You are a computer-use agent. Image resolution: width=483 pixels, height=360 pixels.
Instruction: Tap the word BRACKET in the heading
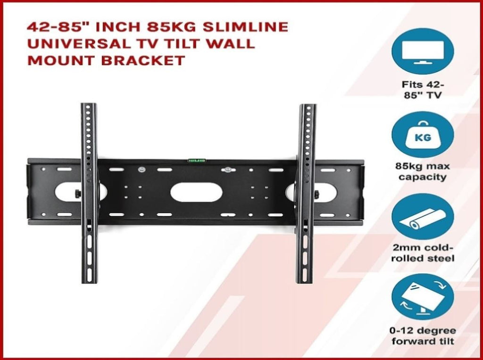pos(143,60)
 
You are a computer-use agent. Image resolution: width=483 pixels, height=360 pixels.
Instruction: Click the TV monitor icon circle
pos(423,51)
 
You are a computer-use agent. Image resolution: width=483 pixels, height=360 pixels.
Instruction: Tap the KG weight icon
pos(423,134)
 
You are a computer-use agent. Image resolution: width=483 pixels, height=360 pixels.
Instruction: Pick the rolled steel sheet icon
pos(423,217)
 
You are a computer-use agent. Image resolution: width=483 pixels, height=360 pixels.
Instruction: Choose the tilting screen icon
pos(423,297)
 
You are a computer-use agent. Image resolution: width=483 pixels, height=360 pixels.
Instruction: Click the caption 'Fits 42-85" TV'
pos(423,89)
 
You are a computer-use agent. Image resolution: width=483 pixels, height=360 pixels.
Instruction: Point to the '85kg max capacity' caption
pos(423,172)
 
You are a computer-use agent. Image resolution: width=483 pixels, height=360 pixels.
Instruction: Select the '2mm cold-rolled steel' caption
pos(423,253)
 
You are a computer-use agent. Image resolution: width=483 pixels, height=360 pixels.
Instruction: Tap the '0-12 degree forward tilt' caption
pos(423,335)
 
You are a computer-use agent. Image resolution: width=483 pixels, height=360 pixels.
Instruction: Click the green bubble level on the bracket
pos(197,160)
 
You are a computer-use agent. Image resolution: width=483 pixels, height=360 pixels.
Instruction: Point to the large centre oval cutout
pos(197,192)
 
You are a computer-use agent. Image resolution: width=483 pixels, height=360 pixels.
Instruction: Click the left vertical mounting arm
pos(89,193)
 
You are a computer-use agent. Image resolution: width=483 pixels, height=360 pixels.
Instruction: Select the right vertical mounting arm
pos(306,193)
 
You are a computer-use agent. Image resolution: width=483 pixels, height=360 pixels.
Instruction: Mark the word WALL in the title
pos(231,44)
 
